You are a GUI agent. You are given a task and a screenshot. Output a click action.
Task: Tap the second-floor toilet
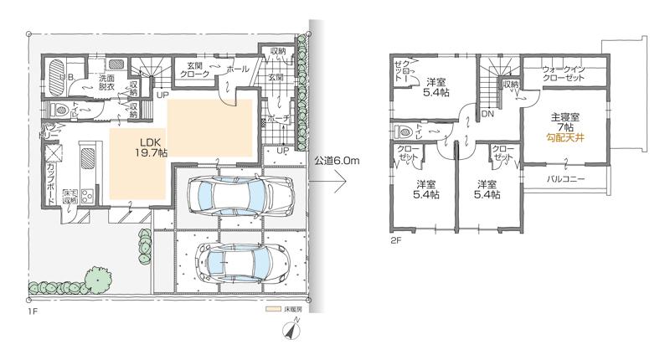[404, 130]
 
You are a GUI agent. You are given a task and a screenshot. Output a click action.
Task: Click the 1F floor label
[34, 312]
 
